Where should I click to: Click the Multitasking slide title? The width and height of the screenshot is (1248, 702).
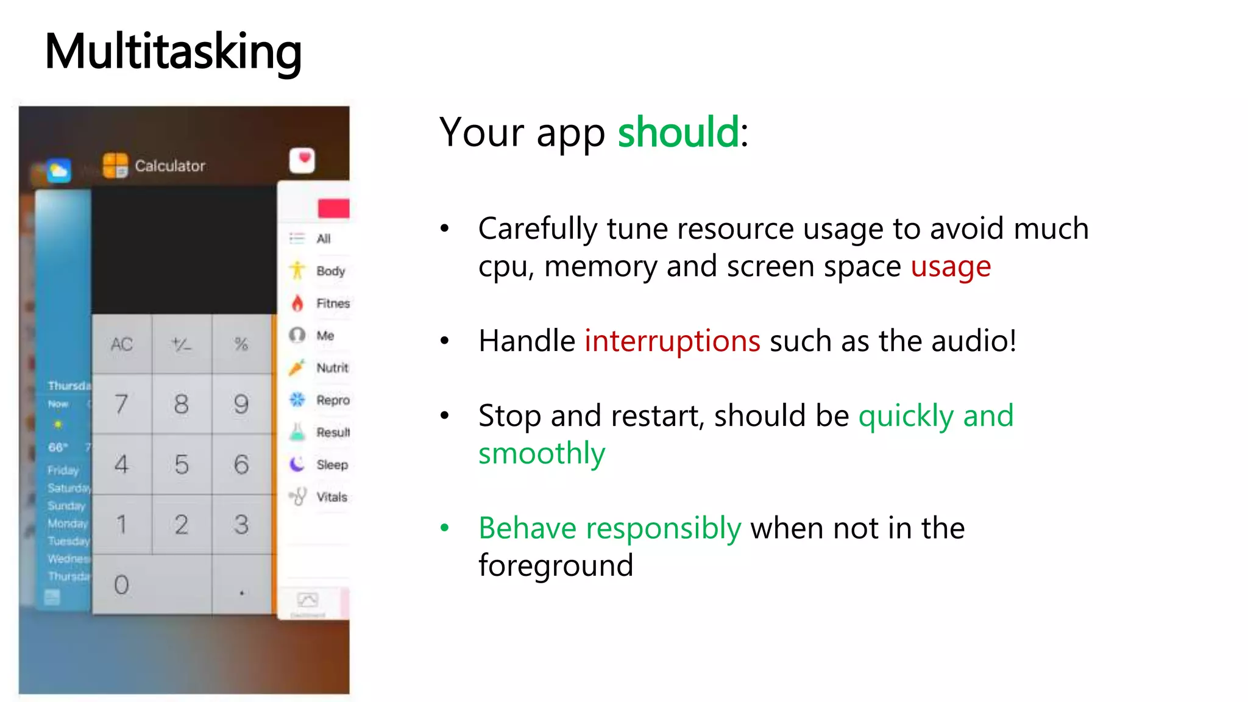click(173, 52)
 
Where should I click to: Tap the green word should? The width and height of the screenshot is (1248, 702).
click(678, 132)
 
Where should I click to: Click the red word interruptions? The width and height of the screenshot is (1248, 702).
click(672, 341)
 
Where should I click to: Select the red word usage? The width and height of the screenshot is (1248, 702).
click(951, 267)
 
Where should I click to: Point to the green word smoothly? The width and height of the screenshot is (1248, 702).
click(542, 453)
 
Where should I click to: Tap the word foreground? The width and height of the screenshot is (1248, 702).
click(556, 565)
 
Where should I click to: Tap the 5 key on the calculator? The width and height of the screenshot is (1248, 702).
click(182, 464)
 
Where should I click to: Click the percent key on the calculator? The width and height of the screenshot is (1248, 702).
click(241, 344)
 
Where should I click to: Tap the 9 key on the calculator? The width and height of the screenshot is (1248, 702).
click(241, 404)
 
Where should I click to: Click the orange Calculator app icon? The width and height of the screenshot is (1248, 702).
click(115, 165)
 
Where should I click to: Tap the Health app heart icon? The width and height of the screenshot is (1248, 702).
click(302, 160)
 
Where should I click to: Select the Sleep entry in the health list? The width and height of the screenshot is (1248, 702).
click(332, 465)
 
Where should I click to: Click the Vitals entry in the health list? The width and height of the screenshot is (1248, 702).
click(331, 497)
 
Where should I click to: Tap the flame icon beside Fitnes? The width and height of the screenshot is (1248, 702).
click(297, 303)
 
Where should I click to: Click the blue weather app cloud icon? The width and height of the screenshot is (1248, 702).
click(58, 171)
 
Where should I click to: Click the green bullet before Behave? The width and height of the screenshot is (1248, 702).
click(445, 528)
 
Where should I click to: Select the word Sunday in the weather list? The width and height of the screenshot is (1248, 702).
click(66, 506)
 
